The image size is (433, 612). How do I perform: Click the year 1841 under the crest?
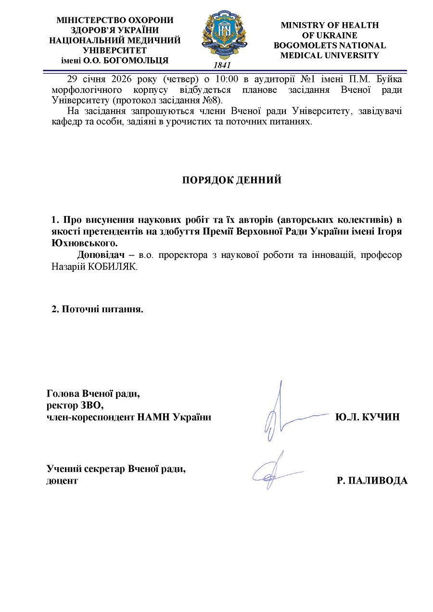click(222, 65)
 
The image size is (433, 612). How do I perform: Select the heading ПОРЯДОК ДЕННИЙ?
click(231, 180)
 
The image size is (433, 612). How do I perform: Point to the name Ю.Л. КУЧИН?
click(367, 417)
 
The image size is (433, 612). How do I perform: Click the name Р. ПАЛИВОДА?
click(372, 481)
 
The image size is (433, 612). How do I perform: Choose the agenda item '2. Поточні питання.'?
click(98, 309)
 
